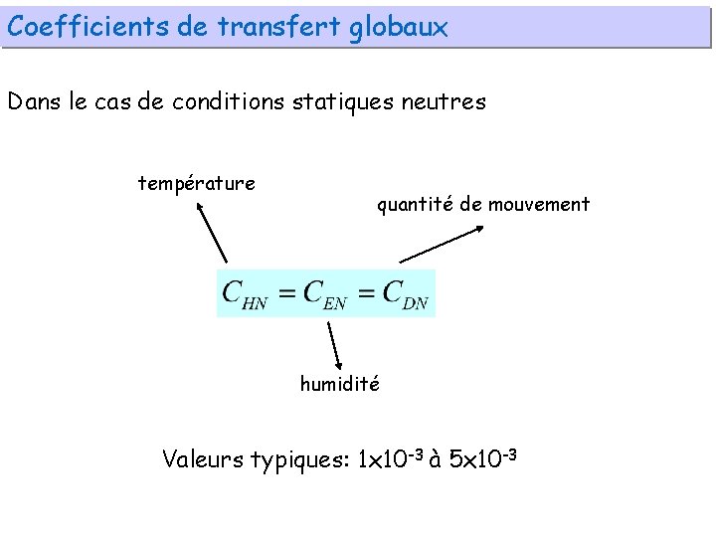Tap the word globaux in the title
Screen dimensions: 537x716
(398, 27)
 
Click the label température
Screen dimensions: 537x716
(196, 183)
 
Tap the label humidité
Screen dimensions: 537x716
(339, 384)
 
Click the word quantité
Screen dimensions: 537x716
(416, 205)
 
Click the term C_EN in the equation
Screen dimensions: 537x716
(325, 294)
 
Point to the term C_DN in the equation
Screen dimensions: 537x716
(406, 294)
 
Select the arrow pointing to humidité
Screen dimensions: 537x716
(335, 346)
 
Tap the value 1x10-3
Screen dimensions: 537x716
(389, 458)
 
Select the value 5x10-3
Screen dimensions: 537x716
(484, 458)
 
